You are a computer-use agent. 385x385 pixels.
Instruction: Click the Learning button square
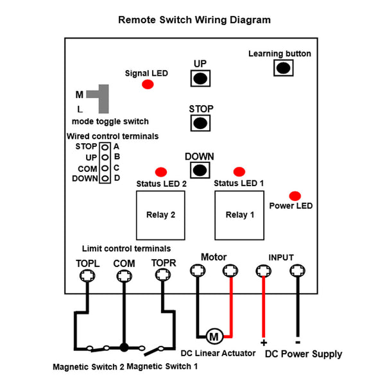(284, 68)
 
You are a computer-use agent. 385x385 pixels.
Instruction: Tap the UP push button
(200, 78)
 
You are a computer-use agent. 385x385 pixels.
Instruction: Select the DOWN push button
(200, 170)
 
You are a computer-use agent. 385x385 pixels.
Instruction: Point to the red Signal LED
(148, 85)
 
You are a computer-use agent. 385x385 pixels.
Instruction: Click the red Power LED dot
(295, 196)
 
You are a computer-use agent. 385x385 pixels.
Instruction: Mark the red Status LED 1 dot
(239, 171)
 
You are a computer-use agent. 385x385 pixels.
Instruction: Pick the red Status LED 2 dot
(161, 172)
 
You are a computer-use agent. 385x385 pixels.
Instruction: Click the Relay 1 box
(239, 215)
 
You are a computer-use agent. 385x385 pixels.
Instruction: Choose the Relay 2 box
(160, 215)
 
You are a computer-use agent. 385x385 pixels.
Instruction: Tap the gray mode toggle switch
(103, 99)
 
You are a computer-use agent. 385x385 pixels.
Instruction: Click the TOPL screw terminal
(87, 275)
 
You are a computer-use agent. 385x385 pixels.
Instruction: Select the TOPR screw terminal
(163, 275)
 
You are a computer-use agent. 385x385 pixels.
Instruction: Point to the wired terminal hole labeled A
(105, 148)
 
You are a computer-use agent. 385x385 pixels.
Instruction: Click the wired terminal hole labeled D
(105, 178)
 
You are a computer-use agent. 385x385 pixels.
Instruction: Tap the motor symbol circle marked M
(214, 336)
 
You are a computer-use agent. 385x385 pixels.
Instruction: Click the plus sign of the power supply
(264, 343)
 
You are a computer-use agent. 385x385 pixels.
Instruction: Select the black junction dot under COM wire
(124, 347)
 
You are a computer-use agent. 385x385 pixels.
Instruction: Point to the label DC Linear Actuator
(218, 354)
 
